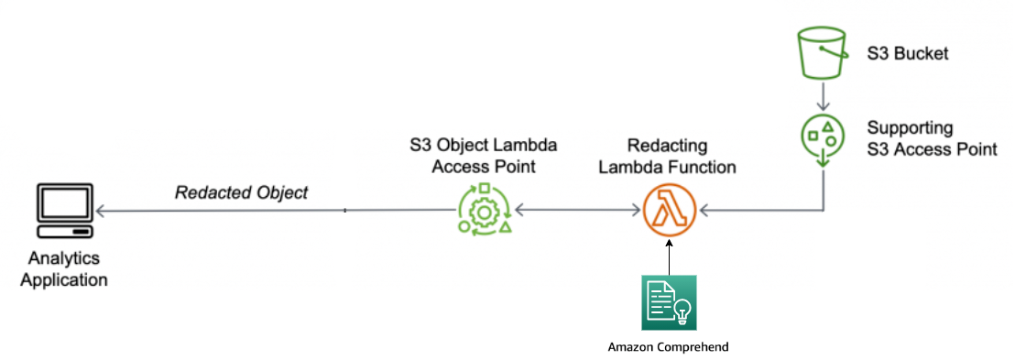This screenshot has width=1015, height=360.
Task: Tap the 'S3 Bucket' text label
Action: point(907,53)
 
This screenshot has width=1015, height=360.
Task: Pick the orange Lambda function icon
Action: point(670,211)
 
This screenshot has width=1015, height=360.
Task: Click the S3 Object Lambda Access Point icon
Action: point(484,211)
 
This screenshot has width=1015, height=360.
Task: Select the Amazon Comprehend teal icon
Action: point(669,303)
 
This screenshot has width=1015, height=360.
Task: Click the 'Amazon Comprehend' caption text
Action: point(669,347)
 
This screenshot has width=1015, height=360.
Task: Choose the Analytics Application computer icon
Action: point(64,212)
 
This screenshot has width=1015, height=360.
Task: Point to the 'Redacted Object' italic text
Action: point(242,193)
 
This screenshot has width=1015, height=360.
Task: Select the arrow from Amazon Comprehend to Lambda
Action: point(670,258)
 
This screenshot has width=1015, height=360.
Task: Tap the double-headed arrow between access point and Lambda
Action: point(577,212)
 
